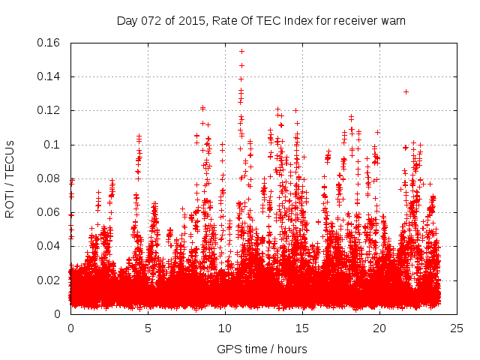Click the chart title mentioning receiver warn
tap(261, 20)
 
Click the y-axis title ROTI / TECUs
tap(10, 178)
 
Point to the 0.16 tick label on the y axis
tap(49, 43)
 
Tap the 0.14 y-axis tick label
tap(49, 76)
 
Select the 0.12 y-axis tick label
tap(49, 111)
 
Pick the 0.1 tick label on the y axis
tap(52, 145)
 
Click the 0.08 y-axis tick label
tap(49, 178)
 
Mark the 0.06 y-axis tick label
tap(49, 212)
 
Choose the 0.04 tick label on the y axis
tap(49, 247)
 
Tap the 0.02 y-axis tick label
tap(49, 280)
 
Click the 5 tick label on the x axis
tap(148, 328)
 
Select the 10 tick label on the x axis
tap(225, 328)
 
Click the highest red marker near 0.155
tap(241, 51)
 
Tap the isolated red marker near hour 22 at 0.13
tap(406, 91)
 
